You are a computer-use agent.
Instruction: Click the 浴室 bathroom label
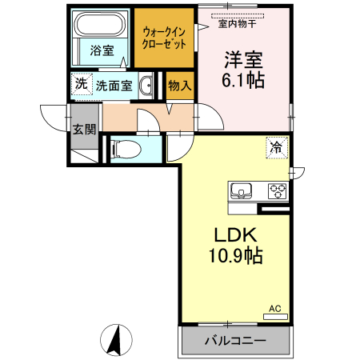[101, 50]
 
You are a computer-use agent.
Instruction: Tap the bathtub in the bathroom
[100, 26]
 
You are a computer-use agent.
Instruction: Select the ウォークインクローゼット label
[164, 38]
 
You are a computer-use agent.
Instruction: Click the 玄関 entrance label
[83, 128]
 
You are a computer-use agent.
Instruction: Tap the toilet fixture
[123, 148]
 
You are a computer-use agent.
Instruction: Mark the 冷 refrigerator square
[277, 147]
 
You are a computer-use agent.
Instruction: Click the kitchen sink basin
[242, 190]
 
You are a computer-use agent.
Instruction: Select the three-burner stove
[277, 190]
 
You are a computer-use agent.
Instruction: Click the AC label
[274, 308]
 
